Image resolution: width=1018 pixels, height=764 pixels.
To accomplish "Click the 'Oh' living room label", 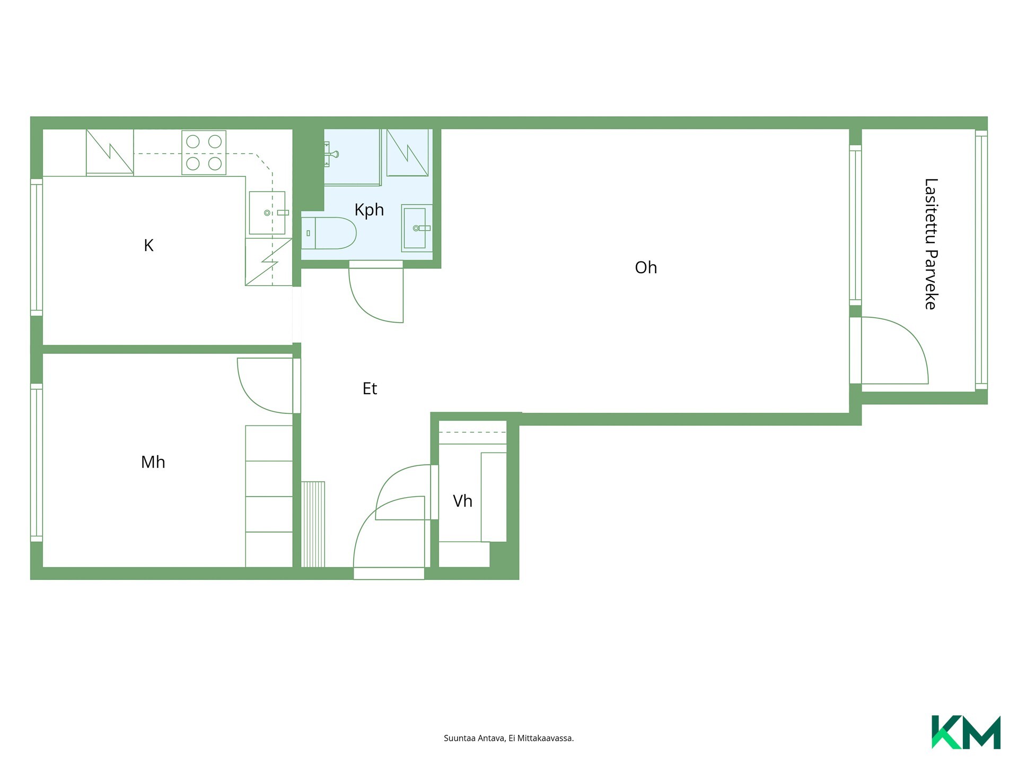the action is pyautogui.click(x=646, y=267).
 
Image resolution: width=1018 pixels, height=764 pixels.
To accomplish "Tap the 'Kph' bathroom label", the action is pyautogui.click(x=369, y=210).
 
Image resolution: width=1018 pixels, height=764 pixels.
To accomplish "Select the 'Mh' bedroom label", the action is pyautogui.click(x=153, y=462).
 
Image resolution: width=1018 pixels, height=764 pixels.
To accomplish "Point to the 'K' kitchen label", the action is pyautogui.click(x=148, y=245).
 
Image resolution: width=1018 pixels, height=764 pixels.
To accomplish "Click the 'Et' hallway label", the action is pyautogui.click(x=370, y=388).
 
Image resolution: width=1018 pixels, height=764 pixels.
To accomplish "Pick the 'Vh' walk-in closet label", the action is pyautogui.click(x=462, y=501).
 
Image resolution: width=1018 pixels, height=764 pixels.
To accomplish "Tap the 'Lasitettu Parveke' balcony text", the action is pyautogui.click(x=931, y=244).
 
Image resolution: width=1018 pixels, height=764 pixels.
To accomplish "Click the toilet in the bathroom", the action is pyautogui.click(x=329, y=233).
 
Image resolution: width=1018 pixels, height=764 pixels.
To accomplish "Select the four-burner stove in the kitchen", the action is pyautogui.click(x=204, y=153).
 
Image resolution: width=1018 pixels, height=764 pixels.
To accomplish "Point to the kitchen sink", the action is pyautogui.click(x=267, y=213).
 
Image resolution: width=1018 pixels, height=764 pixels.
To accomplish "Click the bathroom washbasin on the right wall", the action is pyautogui.click(x=417, y=228).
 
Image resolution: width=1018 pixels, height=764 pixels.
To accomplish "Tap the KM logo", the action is pyautogui.click(x=966, y=732).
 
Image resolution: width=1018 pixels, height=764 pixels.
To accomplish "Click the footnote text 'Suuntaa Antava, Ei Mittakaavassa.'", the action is pyautogui.click(x=508, y=738).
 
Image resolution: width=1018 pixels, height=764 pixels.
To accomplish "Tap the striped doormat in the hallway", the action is pyautogui.click(x=313, y=524).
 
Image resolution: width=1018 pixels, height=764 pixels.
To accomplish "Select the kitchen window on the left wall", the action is pyautogui.click(x=36, y=247).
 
